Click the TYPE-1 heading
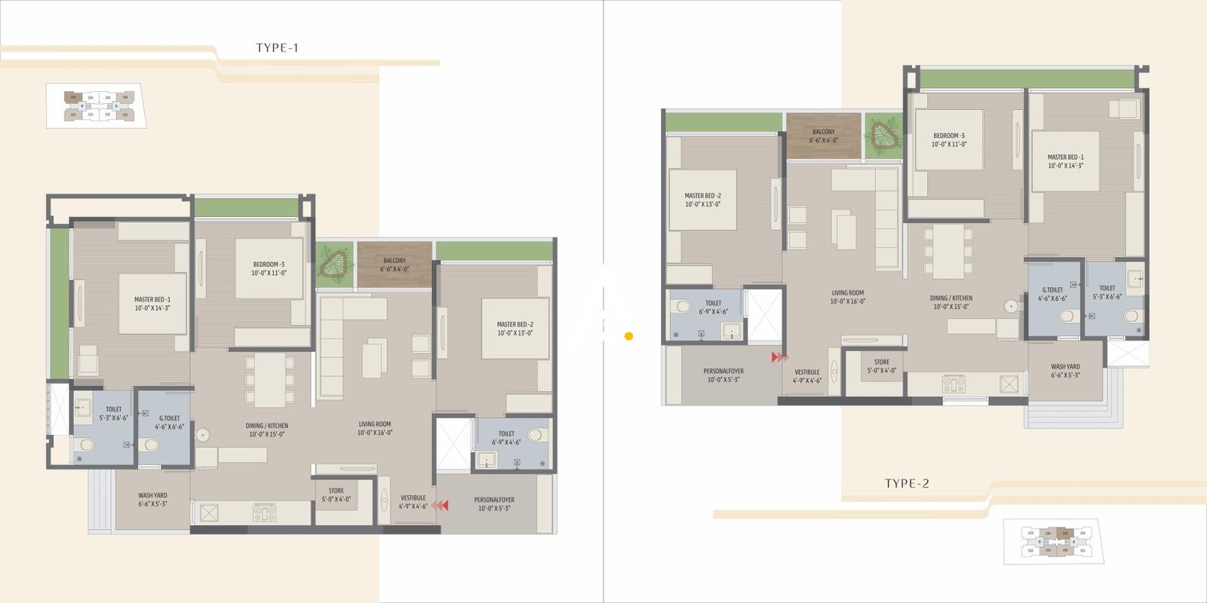(277, 47)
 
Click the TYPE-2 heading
(907, 483)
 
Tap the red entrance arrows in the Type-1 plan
(439, 505)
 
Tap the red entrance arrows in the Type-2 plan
(779, 357)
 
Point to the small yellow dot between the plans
(628, 336)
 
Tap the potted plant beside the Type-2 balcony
(883, 136)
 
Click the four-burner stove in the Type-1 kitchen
(264, 513)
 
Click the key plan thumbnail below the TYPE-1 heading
(97, 106)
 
